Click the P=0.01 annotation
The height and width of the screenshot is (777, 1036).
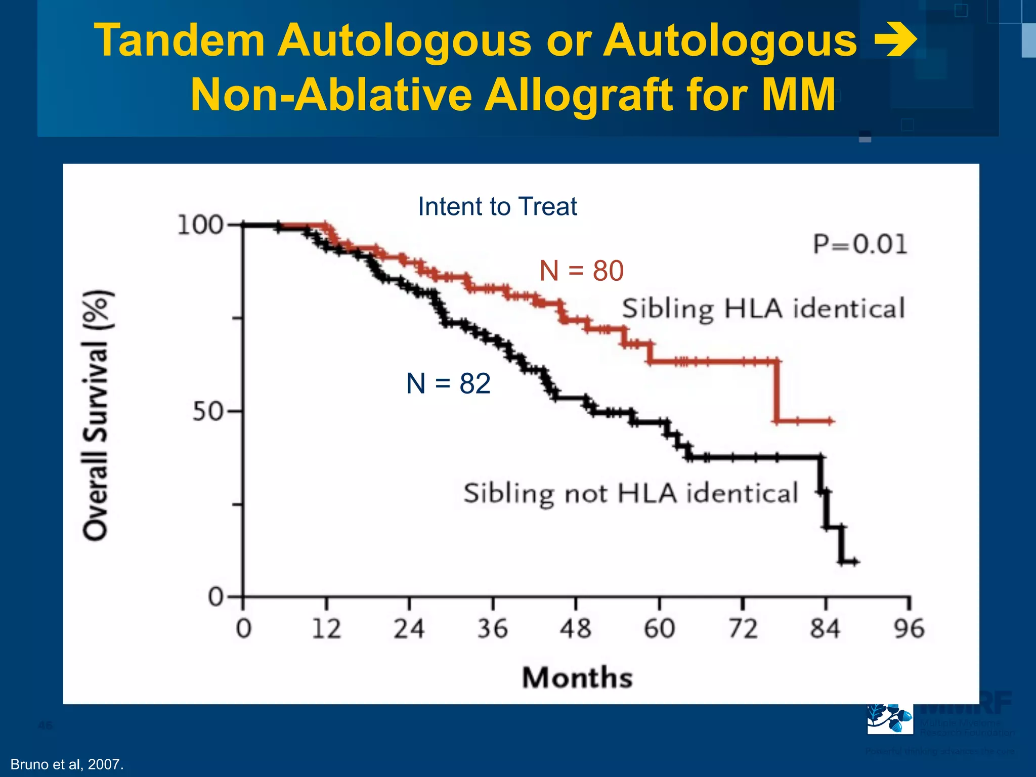tap(860, 244)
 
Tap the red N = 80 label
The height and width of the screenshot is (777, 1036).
tap(581, 271)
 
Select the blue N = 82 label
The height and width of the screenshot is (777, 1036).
tap(448, 383)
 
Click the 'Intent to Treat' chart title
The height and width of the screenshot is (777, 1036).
tap(497, 206)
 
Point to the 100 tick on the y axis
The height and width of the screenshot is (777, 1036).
tap(200, 225)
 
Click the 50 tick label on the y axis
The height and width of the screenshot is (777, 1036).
tap(207, 412)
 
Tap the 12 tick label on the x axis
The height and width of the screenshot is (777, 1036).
tap(326, 629)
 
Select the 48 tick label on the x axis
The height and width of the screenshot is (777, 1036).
tap(575, 629)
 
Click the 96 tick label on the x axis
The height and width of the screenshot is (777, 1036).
tap(909, 629)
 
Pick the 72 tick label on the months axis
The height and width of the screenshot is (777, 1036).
tap(743, 629)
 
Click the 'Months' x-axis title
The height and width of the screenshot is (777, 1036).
tap(577, 677)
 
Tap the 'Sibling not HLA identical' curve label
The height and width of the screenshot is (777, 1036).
tap(630, 493)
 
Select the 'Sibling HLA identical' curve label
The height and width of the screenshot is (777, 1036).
tap(763, 309)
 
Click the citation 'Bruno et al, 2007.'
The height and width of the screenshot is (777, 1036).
tap(67, 764)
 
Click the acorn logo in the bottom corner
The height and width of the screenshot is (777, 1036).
tap(890, 718)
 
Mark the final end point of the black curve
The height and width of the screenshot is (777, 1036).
tap(856, 562)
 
